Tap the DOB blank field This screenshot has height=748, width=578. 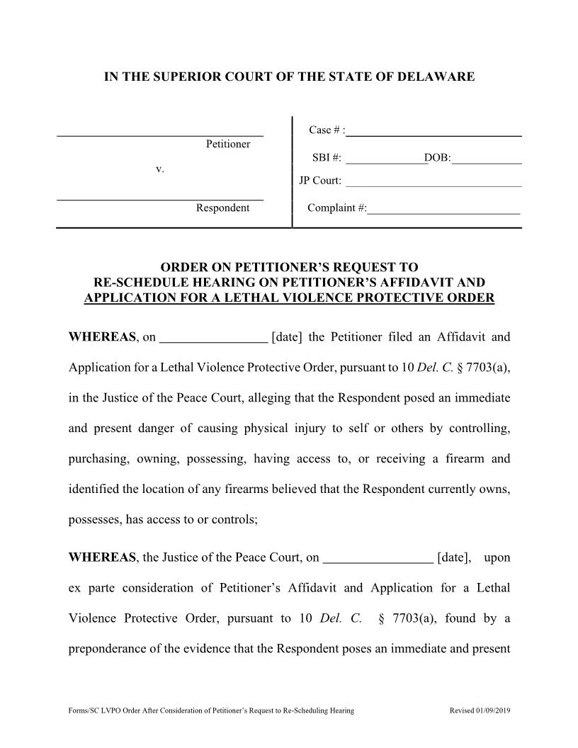click(x=487, y=160)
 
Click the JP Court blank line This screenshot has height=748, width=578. click(x=433, y=183)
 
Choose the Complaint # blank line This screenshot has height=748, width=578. click(x=443, y=210)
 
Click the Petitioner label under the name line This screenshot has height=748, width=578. click(x=227, y=144)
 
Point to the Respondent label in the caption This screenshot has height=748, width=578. click(x=222, y=208)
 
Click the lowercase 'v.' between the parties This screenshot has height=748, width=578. click(x=159, y=169)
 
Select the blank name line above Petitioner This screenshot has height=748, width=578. click(x=160, y=133)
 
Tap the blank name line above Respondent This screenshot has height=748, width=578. click(x=160, y=198)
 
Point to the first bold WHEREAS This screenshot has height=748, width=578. click(x=103, y=337)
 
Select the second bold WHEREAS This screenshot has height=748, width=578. click(x=103, y=558)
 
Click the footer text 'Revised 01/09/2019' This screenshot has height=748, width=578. click(x=480, y=710)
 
